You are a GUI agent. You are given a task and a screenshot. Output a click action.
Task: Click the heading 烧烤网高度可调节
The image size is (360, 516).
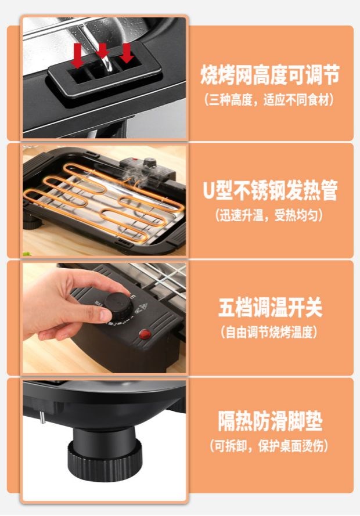[270, 75]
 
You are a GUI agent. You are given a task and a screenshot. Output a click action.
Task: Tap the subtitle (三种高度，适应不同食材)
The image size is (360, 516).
[269, 100]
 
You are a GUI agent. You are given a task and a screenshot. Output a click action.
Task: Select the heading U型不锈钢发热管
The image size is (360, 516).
[270, 190]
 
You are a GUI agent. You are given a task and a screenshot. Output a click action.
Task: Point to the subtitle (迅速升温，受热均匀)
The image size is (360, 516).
[269, 216]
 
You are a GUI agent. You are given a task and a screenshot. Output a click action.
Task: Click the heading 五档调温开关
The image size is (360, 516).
[270, 308]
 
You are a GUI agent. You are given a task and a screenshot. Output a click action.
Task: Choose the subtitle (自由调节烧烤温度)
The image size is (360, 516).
[269, 333]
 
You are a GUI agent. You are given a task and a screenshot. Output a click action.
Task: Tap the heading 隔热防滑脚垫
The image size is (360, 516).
[270, 421]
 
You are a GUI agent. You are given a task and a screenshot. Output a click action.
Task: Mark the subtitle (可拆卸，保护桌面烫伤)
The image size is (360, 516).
[269, 446]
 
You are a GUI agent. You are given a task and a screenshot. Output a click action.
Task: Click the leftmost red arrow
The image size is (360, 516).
[77, 56]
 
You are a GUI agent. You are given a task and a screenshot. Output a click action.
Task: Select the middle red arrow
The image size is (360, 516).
[103, 50]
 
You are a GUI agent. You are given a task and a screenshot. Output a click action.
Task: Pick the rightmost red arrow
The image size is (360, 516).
[126, 53]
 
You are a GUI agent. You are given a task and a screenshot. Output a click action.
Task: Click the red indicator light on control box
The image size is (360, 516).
[145, 334]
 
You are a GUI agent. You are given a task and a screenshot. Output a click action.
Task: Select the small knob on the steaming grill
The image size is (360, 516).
[150, 163]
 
